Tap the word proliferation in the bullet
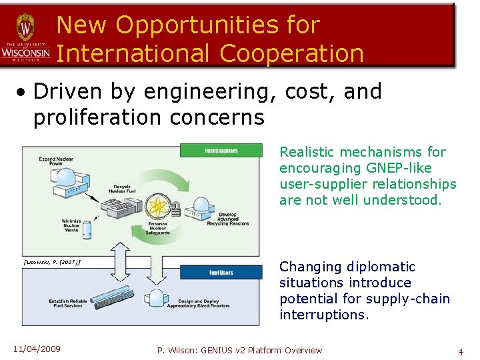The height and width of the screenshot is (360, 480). [107, 117]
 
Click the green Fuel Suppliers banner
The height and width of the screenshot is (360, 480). [221, 151]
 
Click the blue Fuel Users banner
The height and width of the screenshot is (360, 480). [221, 273]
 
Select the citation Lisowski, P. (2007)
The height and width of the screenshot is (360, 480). [52, 262]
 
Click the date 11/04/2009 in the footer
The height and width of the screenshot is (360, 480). [37, 349]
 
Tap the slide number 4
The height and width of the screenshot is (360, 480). [460, 351]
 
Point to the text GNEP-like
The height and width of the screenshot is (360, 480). [398, 168]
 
